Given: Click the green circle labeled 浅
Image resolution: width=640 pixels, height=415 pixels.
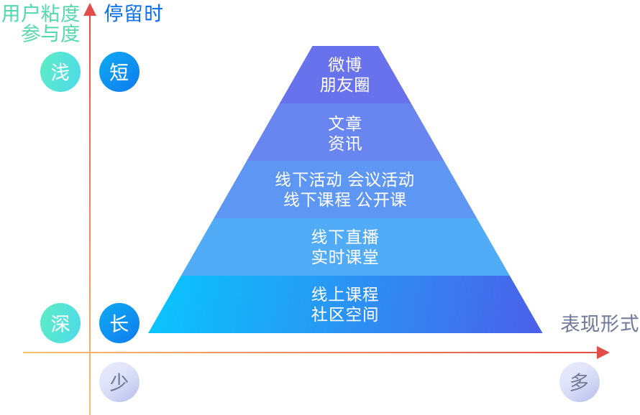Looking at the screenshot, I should click(60, 72).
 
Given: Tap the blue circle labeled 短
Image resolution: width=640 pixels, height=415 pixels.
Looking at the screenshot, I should click(119, 72).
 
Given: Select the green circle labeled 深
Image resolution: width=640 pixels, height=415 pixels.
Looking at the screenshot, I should click(60, 323).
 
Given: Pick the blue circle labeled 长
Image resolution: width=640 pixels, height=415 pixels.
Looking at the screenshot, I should click(119, 323).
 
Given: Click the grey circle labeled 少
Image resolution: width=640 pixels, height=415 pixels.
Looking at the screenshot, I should click(119, 382).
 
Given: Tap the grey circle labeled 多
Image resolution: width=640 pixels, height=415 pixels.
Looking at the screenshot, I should click(580, 382).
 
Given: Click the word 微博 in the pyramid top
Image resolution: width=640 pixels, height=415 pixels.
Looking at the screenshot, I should click(345, 65).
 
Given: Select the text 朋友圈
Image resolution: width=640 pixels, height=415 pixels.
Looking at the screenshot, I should click(345, 85).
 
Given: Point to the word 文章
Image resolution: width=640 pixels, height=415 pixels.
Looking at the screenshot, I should click(345, 123).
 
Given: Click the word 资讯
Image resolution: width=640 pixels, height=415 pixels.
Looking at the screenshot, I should click(345, 144).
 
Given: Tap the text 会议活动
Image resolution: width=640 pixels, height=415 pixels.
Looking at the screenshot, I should click(381, 179).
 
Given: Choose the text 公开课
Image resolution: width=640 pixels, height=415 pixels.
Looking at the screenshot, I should click(382, 200).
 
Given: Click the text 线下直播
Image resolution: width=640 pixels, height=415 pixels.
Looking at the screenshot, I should click(345, 237).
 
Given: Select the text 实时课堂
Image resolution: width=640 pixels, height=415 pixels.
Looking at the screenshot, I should click(345, 257).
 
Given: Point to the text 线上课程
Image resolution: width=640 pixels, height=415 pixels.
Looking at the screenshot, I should click(345, 294).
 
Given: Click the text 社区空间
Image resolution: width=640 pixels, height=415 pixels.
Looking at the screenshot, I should click(345, 314).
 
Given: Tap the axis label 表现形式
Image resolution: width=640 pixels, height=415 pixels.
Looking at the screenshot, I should click(600, 324).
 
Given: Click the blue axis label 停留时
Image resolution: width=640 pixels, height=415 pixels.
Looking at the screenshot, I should click(134, 13).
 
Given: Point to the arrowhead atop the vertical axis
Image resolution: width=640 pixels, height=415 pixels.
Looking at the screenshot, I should click(90, 9).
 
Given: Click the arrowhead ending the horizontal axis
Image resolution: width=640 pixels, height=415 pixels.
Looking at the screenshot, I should click(603, 353).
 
